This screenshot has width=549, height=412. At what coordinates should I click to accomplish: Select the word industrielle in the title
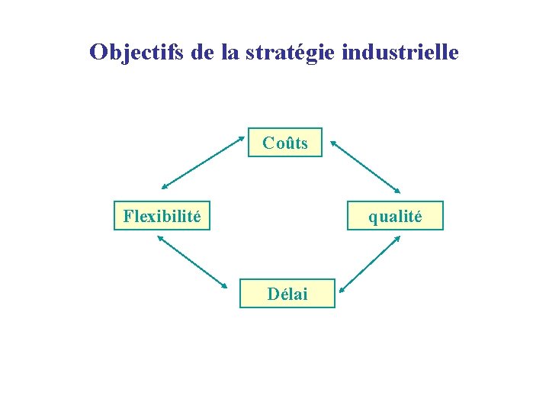(x=401, y=52)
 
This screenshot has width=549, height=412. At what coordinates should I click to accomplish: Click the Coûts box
(x=285, y=143)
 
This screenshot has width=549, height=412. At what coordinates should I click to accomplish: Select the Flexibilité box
(x=162, y=216)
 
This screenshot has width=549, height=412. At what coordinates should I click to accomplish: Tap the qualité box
(x=394, y=216)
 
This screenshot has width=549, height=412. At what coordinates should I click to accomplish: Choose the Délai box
(x=287, y=294)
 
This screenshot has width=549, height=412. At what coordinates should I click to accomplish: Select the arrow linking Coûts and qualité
(x=364, y=165)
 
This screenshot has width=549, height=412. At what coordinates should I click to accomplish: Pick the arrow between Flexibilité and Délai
(x=192, y=261)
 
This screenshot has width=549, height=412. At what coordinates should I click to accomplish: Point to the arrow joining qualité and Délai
(x=371, y=263)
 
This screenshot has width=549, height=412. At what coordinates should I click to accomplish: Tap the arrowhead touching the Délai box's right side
(x=342, y=289)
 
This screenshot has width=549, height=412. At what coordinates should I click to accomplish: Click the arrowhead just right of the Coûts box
(x=332, y=141)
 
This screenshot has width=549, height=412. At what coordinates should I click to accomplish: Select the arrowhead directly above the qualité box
(x=398, y=190)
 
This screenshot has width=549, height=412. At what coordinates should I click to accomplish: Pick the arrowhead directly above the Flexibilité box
(x=163, y=186)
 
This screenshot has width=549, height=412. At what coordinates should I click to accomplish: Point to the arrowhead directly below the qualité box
(x=399, y=237)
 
